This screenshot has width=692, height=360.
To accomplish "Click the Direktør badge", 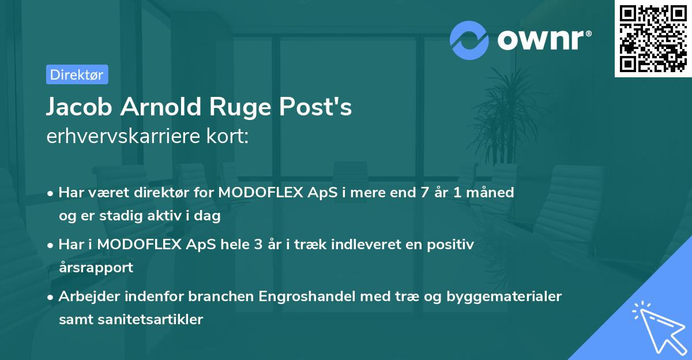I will [x=77, y=74].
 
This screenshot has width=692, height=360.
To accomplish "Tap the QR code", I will [x=653, y=38].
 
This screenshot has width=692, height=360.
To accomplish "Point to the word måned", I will [x=490, y=193].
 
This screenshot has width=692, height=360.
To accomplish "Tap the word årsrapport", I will [x=96, y=267].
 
